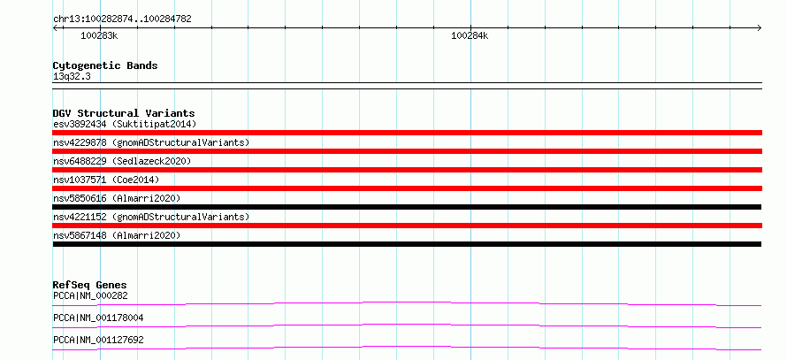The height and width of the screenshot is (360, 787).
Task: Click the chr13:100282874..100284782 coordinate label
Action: (x=122, y=19)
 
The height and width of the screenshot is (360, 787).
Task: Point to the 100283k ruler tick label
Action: (x=99, y=36)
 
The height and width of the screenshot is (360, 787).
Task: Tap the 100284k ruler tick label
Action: (x=470, y=36)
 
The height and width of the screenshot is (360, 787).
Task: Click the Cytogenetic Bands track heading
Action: (x=105, y=65)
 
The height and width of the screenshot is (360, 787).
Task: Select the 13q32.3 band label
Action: (x=72, y=76)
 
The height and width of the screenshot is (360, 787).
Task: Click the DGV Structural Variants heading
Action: (x=124, y=113)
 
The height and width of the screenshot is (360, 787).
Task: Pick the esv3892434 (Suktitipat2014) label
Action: (x=125, y=124)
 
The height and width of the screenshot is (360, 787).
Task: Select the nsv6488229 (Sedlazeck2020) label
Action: (x=122, y=161)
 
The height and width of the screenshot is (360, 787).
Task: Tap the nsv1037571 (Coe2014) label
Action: (x=106, y=180)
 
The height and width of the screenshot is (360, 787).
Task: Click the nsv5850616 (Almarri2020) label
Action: (x=117, y=198)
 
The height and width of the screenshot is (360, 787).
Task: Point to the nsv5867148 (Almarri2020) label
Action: (x=117, y=235)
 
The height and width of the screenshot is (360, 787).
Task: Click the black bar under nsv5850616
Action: (x=407, y=207)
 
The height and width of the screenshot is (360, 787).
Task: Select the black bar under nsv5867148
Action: (x=407, y=244)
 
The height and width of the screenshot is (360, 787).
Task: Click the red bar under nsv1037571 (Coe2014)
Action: (x=407, y=188)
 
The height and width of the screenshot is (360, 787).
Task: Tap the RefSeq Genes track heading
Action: (x=90, y=286)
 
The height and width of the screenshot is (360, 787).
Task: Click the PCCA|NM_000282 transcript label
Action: (x=90, y=295)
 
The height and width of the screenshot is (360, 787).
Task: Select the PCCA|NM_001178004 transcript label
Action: (x=98, y=318)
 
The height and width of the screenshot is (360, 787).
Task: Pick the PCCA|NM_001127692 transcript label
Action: (x=98, y=340)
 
